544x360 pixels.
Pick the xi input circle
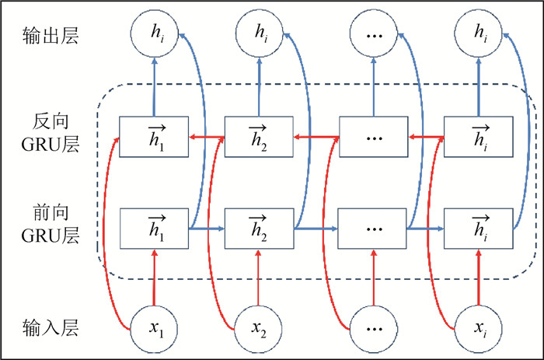(478, 328)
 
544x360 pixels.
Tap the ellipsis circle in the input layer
(371, 328)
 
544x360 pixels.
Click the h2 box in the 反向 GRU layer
(259, 137)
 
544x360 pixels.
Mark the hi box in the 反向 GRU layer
(478, 137)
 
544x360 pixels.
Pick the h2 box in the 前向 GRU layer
(259, 228)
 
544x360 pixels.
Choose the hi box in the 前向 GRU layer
(478, 228)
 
